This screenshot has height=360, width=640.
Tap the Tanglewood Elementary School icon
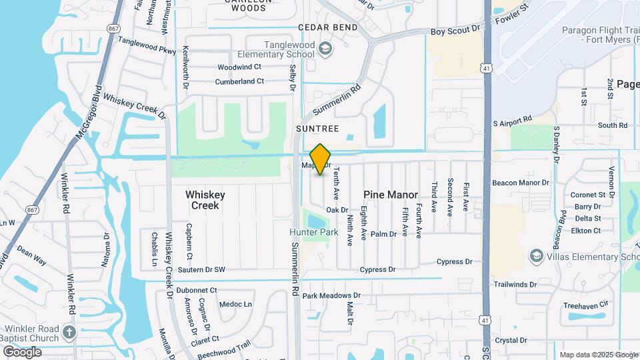tap(325, 48)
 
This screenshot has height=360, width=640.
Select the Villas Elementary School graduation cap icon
tap(536, 256)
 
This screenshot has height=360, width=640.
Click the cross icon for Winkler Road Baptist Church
tap(69, 331)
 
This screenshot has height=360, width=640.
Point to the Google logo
tap(22, 351)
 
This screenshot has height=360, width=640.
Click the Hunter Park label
tap(314, 232)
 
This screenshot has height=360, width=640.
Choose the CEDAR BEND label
tap(328, 27)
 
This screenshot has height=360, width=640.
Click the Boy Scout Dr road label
tap(455, 30)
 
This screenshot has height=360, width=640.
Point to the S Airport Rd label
tap(512, 122)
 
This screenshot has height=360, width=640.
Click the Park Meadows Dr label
tap(331, 295)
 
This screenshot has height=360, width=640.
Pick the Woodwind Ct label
tap(239, 67)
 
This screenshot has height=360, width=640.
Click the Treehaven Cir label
tap(586, 305)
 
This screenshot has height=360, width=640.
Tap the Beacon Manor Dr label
tap(521, 182)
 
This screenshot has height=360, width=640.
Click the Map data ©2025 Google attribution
tap(598, 355)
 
